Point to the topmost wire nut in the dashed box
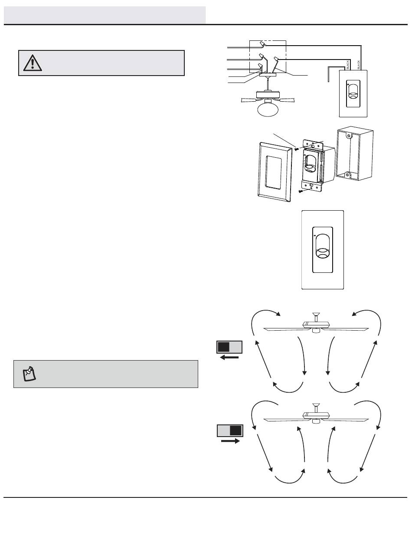(262, 44)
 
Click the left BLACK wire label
(348, 65)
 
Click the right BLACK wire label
(359, 65)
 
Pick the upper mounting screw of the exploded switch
(297, 148)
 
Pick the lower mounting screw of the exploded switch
(300, 191)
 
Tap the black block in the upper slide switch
(224, 347)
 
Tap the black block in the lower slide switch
(235, 431)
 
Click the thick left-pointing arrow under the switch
(229, 357)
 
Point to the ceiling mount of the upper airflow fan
(316, 314)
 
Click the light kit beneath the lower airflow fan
(316, 421)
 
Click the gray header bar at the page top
(105, 15)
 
